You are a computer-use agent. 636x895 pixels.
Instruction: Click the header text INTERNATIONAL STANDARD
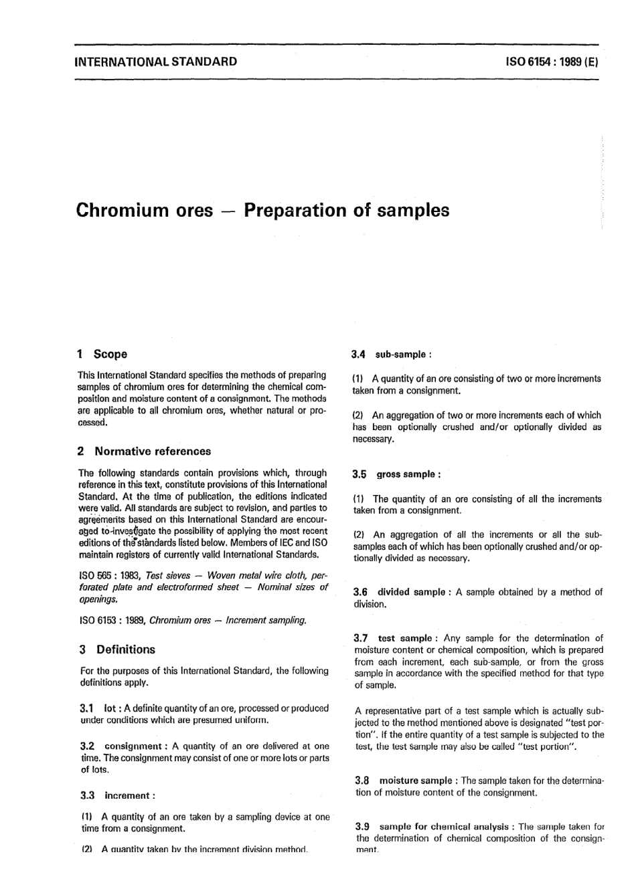[157, 62]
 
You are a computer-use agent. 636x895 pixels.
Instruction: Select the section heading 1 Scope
[102, 354]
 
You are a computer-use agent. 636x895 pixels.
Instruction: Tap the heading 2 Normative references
[145, 451]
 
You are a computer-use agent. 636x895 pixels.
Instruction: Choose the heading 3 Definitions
[117, 649]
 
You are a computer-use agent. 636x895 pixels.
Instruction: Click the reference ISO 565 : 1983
[109, 575]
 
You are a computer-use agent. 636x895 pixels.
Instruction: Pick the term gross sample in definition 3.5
[406, 474]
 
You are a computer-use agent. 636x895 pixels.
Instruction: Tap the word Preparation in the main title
[295, 210]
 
